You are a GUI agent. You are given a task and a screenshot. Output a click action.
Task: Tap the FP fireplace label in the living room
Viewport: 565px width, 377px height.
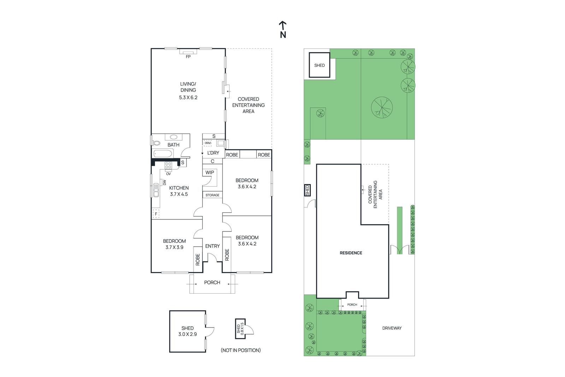click(x=188, y=57)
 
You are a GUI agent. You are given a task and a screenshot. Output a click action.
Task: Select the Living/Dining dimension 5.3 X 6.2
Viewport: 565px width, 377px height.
click(x=188, y=98)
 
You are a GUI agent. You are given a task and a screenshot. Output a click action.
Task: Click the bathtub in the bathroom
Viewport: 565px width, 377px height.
click(x=163, y=154)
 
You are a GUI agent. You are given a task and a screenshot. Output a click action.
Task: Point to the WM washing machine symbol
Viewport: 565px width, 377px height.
click(x=208, y=143)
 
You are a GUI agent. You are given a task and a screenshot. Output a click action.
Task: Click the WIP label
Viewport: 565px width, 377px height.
click(x=210, y=172)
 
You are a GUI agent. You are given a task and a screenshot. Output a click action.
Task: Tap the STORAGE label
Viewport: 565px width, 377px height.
click(x=212, y=195)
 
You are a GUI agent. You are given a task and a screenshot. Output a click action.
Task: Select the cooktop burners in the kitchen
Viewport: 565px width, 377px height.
click(x=168, y=165)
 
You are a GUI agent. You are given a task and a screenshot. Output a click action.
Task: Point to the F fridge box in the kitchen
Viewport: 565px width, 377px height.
click(x=156, y=214)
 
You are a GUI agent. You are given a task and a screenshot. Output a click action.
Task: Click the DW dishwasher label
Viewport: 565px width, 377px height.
click(x=164, y=182)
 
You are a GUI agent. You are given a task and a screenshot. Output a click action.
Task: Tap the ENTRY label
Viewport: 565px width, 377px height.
click(x=212, y=246)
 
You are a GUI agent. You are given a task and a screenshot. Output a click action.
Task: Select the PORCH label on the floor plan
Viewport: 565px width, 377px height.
click(x=212, y=282)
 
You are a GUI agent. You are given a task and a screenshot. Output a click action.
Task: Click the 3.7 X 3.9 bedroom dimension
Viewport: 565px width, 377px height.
click(x=174, y=247)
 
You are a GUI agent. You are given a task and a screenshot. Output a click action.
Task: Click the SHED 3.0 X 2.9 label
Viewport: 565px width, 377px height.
click(x=188, y=331)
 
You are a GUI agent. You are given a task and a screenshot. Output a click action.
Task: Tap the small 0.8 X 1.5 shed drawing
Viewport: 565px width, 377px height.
click(x=240, y=329)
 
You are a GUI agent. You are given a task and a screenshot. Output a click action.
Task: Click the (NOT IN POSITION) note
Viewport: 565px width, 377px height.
click(x=240, y=350)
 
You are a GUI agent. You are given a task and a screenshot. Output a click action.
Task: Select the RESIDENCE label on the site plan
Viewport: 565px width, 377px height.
click(x=351, y=253)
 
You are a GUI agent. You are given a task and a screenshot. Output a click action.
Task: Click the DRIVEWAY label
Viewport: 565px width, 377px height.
click(x=392, y=328)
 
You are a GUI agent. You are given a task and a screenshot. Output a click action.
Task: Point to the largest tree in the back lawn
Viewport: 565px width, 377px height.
click(x=382, y=107)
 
